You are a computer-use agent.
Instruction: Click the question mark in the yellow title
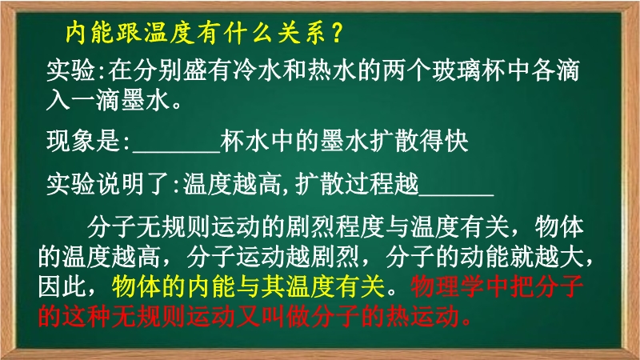pos(337,33)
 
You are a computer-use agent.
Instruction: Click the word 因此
pos(62,286)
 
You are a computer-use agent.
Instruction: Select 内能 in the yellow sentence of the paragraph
pos(211,286)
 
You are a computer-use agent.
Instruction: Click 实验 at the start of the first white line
pos(70,70)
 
